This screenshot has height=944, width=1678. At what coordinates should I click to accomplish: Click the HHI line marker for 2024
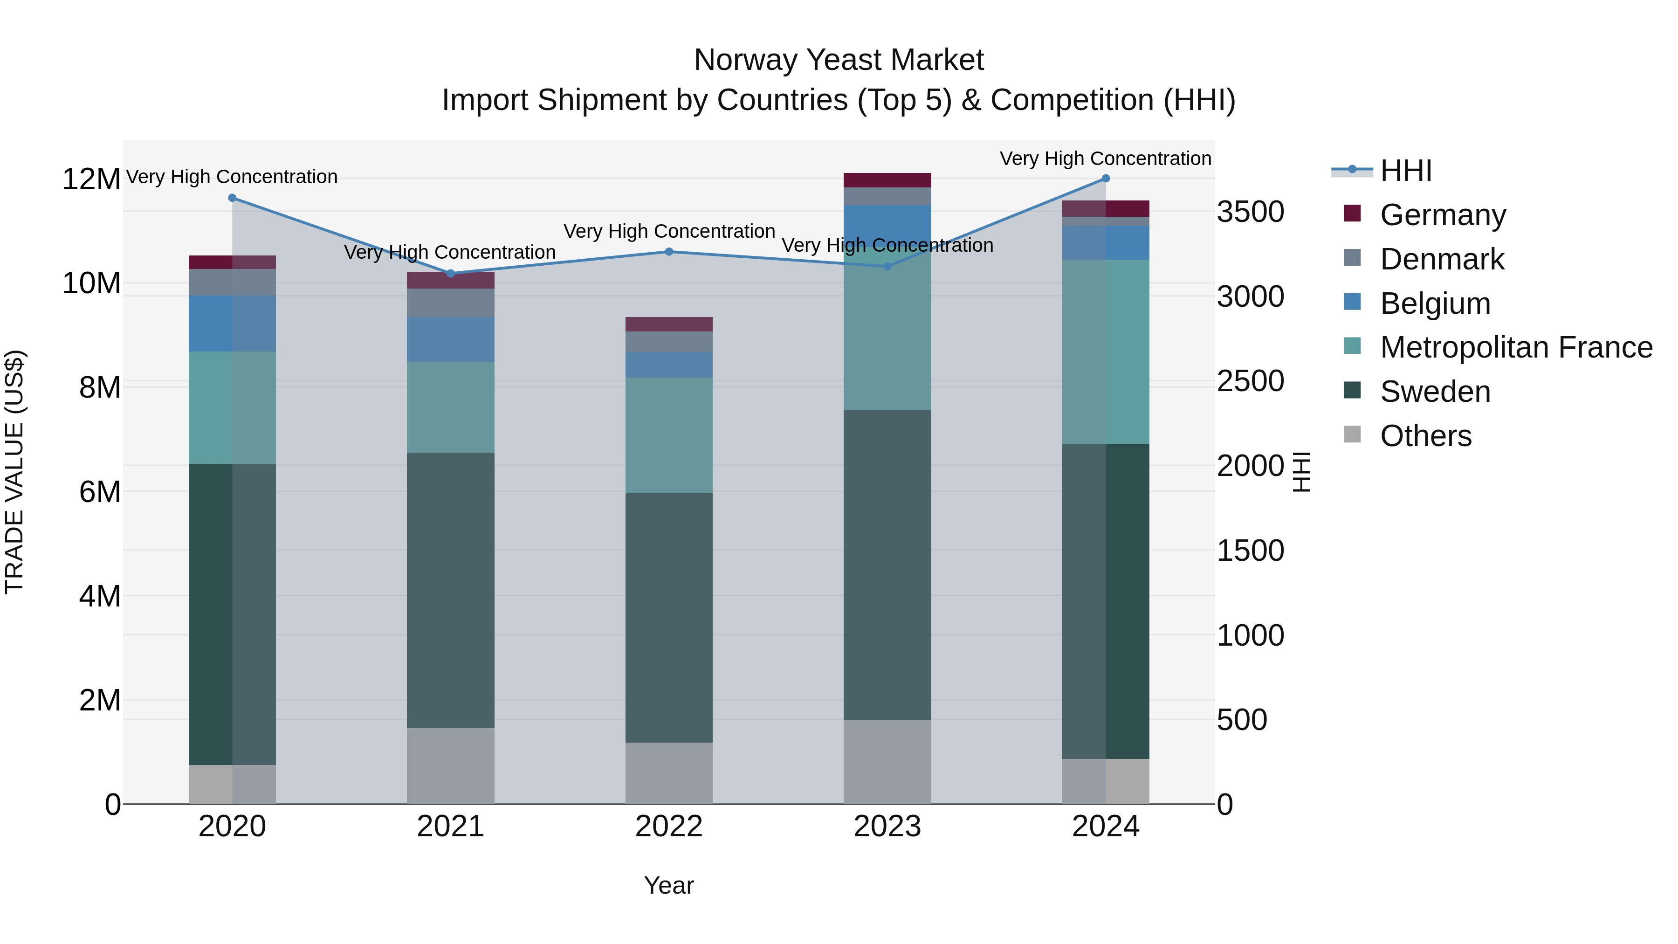click(1106, 179)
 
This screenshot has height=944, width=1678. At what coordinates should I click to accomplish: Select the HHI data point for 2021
click(450, 274)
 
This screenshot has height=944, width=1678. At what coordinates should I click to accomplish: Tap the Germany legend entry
click(1442, 215)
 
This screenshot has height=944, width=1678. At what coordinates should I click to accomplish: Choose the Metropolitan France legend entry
click(1516, 347)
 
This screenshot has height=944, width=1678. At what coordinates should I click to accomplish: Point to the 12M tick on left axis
click(91, 179)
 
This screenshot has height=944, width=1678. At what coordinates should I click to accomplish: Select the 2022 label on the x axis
click(668, 827)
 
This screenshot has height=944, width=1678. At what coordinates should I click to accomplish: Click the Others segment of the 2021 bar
click(450, 765)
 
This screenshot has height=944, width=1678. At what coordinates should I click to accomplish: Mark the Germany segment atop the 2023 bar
click(887, 180)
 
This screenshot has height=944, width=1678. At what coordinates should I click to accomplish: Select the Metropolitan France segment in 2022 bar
click(668, 435)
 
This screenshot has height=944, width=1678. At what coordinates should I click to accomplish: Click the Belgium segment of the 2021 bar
click(450, 339)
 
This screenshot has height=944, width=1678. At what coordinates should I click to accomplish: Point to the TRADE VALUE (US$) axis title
click(14, 472)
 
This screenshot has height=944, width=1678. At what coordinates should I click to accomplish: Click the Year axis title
click(668, 885)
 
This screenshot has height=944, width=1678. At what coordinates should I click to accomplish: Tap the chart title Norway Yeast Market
click(839, 60)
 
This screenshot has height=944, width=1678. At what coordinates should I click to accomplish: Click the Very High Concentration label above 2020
click(232, 177)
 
